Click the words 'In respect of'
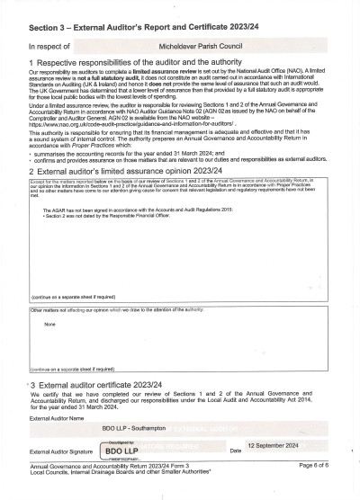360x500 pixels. pos(48,44)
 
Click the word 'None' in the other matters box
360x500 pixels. pos(49,324)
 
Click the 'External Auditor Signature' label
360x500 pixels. pos(62,451)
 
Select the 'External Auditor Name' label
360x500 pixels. pos(55,418)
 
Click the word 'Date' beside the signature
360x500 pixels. pos(236,451)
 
